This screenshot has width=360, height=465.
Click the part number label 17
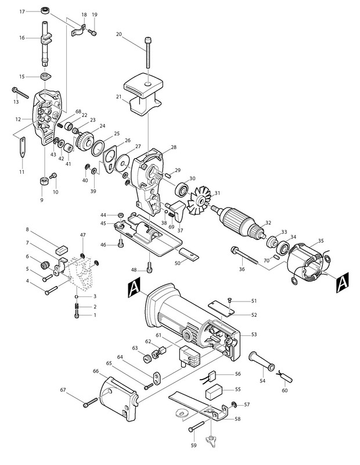click(22, 11)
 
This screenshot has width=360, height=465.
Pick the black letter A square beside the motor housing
click(132, 286)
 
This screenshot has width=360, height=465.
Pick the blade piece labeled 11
click(23, 148)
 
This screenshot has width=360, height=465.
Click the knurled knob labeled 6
click(43, 265)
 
